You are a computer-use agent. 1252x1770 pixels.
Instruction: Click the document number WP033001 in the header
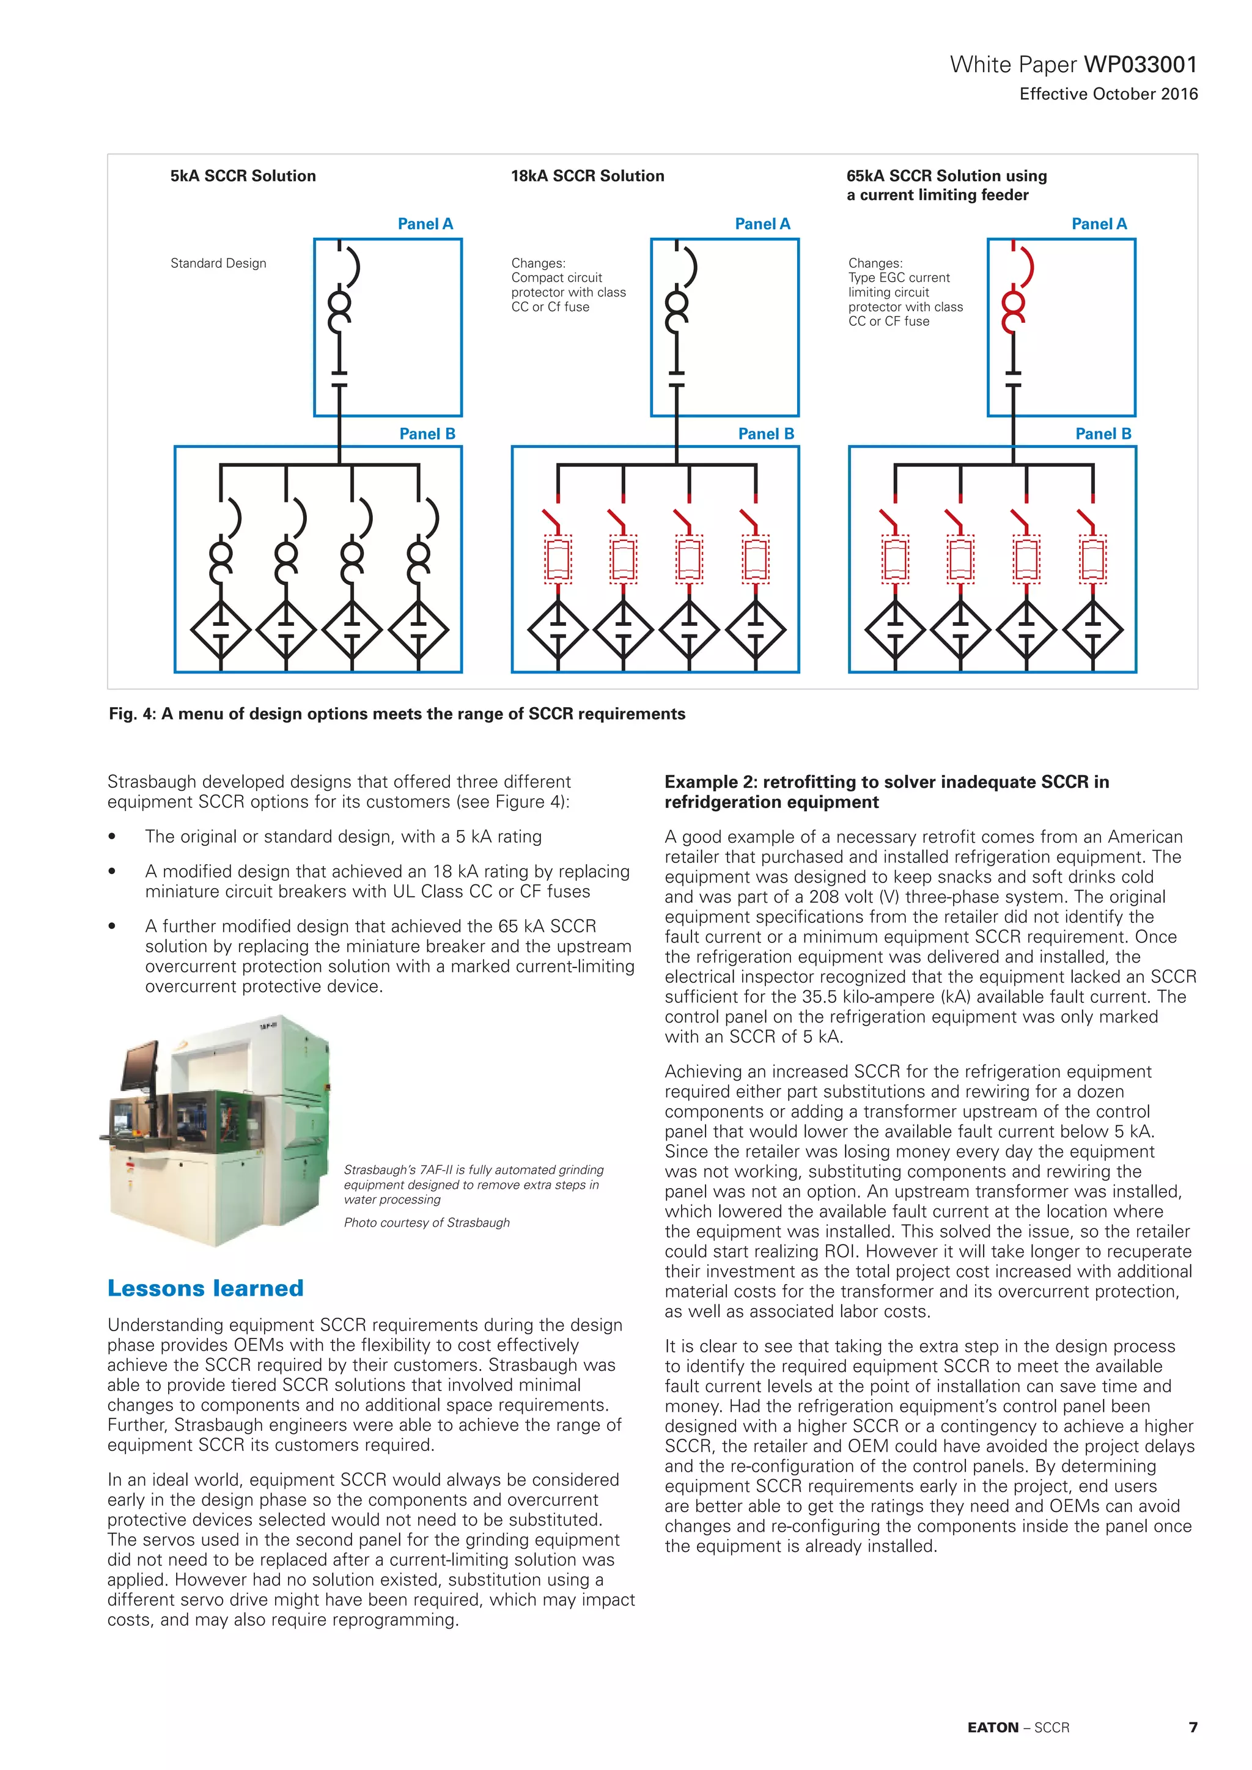pyautogui.click(x=1140, y=65)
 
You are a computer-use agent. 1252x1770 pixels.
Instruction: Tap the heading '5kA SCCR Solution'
pyautogui.click(x=243, y=176)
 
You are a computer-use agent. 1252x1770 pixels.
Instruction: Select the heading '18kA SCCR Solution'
pyautogui.click(x=587, y=176)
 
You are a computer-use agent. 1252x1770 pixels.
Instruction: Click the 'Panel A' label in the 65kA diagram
pyautogui.click(x=1099, y=224)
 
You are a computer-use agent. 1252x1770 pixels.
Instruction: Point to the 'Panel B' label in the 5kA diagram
pyautogui.click(x=427, y=434)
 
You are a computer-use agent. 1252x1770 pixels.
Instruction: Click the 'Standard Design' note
pyautogui.click(x=218, y=263)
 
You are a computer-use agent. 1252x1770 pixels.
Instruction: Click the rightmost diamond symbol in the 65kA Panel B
pyautogui.click(x=1092, y=630)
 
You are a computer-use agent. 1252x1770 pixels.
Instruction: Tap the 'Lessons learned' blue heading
pyautogui.click(x=205, y=1288)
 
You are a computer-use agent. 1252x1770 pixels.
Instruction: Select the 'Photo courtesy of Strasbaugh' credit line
pyautogui.click(x=426, y=1222)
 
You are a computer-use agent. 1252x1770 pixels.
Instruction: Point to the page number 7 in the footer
pyautogui.click(x=1193, y=1728)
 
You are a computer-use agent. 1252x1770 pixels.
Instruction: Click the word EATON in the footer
pyautogui.click(x=993, y=1728)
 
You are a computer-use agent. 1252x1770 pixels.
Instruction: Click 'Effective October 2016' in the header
pyautogui.click(x=1108, y=94)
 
